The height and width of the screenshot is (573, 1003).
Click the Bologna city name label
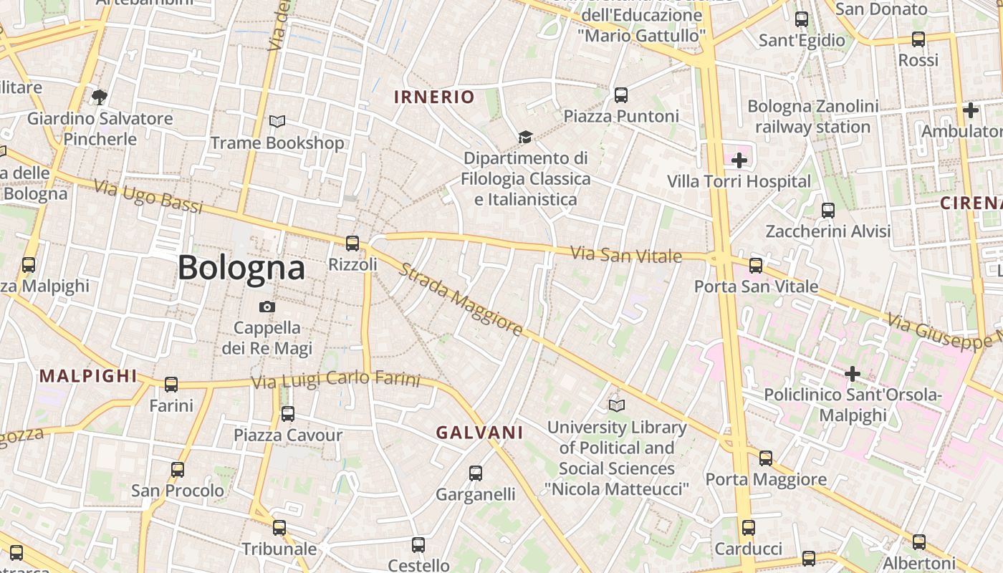click(241, 268)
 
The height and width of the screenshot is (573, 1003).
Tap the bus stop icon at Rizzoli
click(352, 244)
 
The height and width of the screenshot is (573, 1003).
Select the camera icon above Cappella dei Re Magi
click(267, 307)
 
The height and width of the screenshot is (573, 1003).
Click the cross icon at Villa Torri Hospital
click(739, 160)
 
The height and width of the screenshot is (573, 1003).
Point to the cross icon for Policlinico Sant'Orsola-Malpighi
click(852, 373)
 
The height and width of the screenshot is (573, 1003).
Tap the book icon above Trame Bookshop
click(277, 122)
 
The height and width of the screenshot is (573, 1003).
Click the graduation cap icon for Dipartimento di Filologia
click(526, 137)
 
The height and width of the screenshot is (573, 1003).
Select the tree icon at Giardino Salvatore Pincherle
click(100, 97)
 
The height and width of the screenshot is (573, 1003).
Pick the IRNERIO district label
click(434, 97)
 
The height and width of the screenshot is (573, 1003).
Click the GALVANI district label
click(480, 433)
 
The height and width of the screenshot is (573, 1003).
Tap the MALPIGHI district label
click(88, 376)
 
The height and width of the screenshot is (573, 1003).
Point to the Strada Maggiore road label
click(461, 299)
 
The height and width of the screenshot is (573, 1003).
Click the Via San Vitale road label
click(625, 254)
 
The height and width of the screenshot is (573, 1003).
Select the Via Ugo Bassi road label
click(148, 196)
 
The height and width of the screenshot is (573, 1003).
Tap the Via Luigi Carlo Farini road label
click(335, 380)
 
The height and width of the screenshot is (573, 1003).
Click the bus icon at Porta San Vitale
click(756, 266)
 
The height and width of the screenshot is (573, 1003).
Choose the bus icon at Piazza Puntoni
click(621, 95)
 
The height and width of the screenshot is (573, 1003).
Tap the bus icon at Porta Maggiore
click(766, 458)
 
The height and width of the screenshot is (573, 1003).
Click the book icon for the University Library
click(617, 406)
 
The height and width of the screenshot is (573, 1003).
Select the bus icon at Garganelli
click(476, 473)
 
